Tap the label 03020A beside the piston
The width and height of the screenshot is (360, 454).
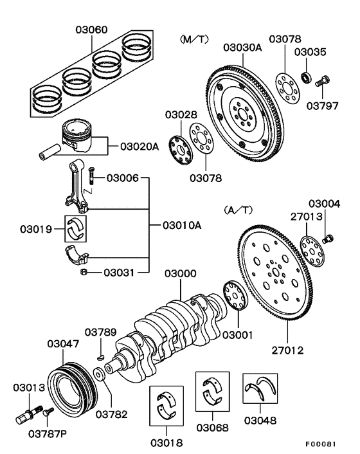point(138,146)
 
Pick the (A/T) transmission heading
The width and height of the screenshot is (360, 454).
point(239,210)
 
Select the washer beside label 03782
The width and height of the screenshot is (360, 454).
point(99,374)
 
